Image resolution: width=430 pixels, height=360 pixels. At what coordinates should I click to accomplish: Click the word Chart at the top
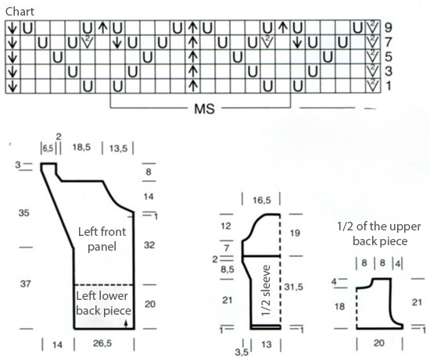point(20,12)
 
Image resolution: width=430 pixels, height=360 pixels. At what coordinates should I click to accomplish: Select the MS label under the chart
point(204,109)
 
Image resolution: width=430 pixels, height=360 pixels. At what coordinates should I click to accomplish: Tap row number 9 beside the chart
point(389,27)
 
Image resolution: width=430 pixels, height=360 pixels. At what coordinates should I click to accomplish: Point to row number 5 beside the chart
point(389,57)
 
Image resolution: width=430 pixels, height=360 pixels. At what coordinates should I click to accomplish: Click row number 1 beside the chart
point(389,86)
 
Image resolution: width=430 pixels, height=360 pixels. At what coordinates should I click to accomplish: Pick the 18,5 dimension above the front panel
point(81,148)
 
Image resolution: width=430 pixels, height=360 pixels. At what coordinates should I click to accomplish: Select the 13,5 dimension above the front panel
point(119,148)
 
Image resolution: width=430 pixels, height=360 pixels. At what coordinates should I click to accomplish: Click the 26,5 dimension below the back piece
point(102,344)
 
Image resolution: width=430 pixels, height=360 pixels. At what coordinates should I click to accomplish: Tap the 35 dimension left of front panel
point(24,213)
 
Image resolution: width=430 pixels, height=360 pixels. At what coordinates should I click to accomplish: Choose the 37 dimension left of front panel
point(25,283)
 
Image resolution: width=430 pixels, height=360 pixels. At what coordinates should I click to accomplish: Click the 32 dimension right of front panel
point(149,245)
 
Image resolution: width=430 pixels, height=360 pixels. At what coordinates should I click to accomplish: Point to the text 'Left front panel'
point(102,239)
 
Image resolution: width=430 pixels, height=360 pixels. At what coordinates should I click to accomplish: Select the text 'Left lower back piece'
point(103,303)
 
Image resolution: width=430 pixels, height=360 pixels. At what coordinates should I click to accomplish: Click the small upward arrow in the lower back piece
point(126,324)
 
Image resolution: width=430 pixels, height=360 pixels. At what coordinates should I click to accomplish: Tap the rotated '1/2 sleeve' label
point(266,290)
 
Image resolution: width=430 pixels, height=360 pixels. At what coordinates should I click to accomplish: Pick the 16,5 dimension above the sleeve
point(262,200)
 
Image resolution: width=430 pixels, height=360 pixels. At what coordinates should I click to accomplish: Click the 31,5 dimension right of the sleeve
point(294,287)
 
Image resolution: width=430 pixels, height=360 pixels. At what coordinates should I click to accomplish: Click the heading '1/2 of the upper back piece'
point(379,233)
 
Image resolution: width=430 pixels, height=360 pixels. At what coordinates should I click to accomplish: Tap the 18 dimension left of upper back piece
point(339,306)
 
